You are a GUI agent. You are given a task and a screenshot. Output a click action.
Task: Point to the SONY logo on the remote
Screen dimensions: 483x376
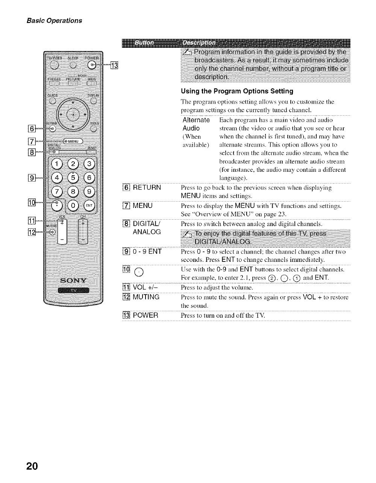tap(74, 280)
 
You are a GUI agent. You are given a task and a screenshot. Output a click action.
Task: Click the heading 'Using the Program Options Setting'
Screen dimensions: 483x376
tap(237, 91)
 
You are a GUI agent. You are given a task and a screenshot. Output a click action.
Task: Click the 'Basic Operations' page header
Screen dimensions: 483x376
tap(54, 20)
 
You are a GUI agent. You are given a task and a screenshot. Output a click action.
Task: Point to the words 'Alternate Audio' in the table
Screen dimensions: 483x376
tap(196, 124)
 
